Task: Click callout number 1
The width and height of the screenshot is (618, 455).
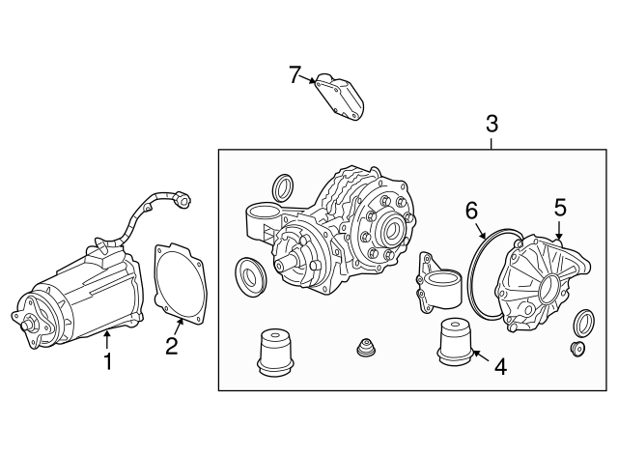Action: (x=108, y=361)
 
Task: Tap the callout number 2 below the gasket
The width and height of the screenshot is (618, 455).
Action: (x=171, y=346)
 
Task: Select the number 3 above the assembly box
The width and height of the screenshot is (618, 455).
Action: (x=492, y=123)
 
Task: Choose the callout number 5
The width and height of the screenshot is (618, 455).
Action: (x=559, y=207)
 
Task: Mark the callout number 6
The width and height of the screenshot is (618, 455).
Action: (x=471, y=210)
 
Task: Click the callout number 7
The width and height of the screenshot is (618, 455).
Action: (x=296, y=74)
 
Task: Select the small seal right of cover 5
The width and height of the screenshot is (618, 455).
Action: (x=584, y=322)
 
